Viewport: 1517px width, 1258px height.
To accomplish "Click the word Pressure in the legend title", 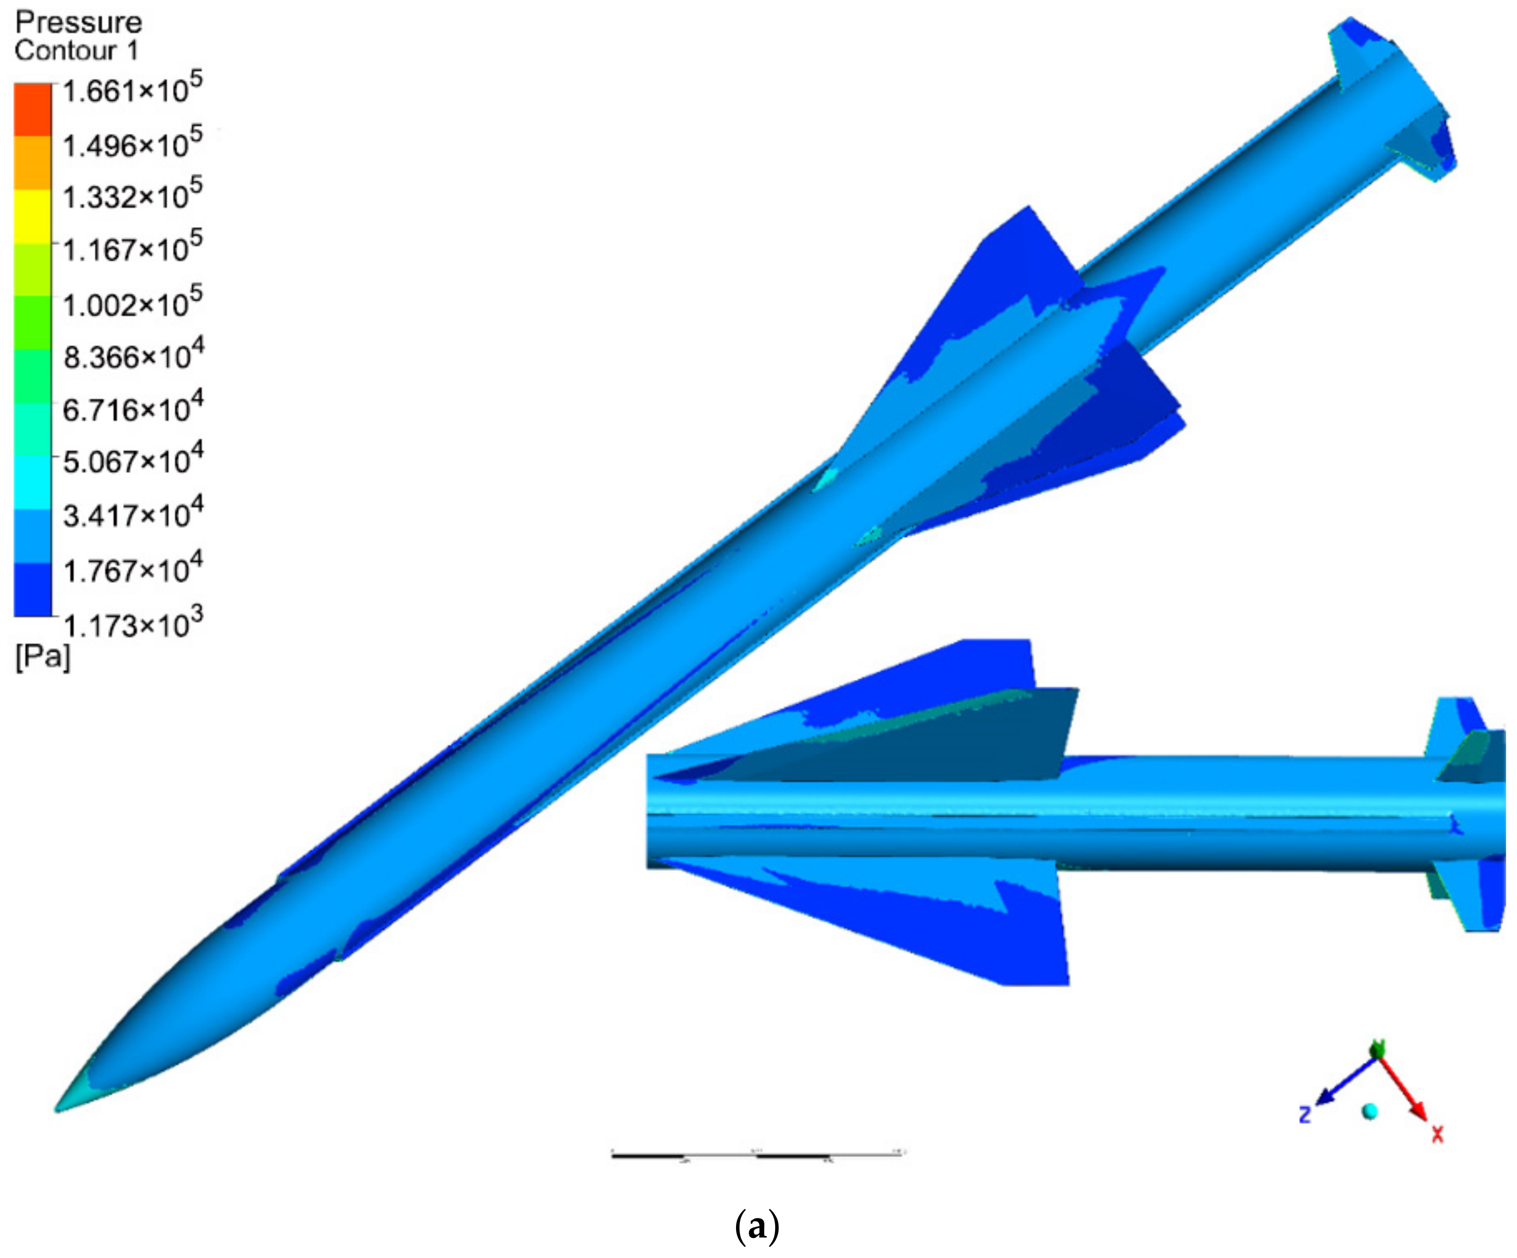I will (78, 23).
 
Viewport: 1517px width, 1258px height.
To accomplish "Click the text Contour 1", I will (76, 51).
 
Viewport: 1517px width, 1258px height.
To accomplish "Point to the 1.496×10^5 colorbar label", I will (131, 145).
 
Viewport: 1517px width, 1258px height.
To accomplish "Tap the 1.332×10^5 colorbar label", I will (131, 196).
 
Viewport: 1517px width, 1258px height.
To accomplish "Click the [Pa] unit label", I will (42, 657).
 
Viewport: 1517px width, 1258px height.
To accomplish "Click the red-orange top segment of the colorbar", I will (33, 109).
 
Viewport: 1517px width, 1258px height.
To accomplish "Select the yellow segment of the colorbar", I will (33, 216).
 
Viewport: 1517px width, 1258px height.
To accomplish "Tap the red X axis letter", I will (1437, 1134).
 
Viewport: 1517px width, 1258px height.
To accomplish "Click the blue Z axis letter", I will (1305, 1115).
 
